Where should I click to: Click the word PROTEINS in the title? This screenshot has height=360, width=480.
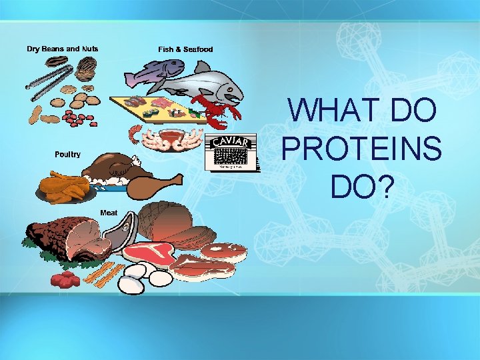(x=362, y=147)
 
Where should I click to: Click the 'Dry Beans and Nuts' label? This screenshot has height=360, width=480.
(x=63, y=49)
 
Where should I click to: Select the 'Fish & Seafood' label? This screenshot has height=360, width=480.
(x=185, y=49)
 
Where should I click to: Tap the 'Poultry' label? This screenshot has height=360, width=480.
(x=67, y=154)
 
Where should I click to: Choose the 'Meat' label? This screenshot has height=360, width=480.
(x=109, y=213)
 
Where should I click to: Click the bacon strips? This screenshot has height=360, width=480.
(x=107, y=274)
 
